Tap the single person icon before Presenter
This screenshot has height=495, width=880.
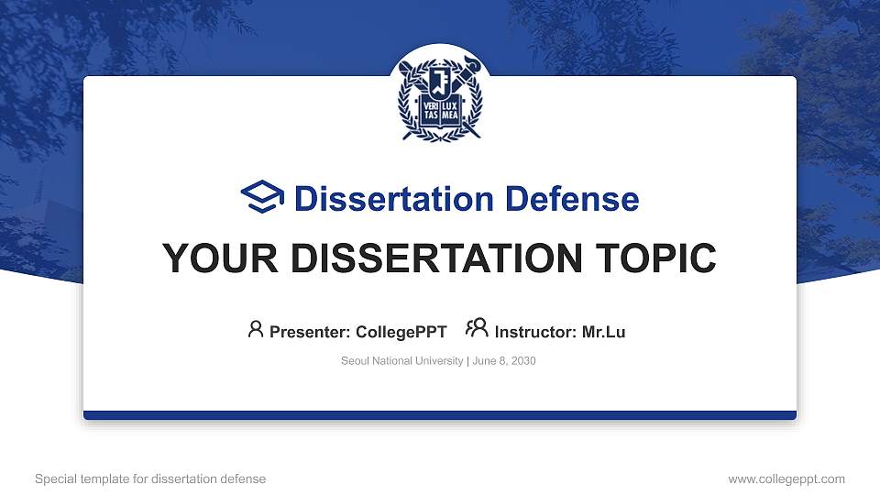coord(256,329)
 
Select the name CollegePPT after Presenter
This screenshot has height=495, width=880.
coord(401,332)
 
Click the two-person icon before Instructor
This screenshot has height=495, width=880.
coord(477,329)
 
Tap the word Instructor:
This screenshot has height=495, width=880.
coord(535,332)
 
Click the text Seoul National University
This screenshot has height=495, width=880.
coord(401,361)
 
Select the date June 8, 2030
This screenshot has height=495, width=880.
coord(504,361)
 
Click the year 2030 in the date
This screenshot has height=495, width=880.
coord(523,361)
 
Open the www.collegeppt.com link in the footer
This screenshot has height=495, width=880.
coord(786,478)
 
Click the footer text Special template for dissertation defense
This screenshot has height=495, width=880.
coord(150,478)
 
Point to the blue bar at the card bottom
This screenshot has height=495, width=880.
coord(440,415)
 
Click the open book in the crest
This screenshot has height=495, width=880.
coord(439,113)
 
